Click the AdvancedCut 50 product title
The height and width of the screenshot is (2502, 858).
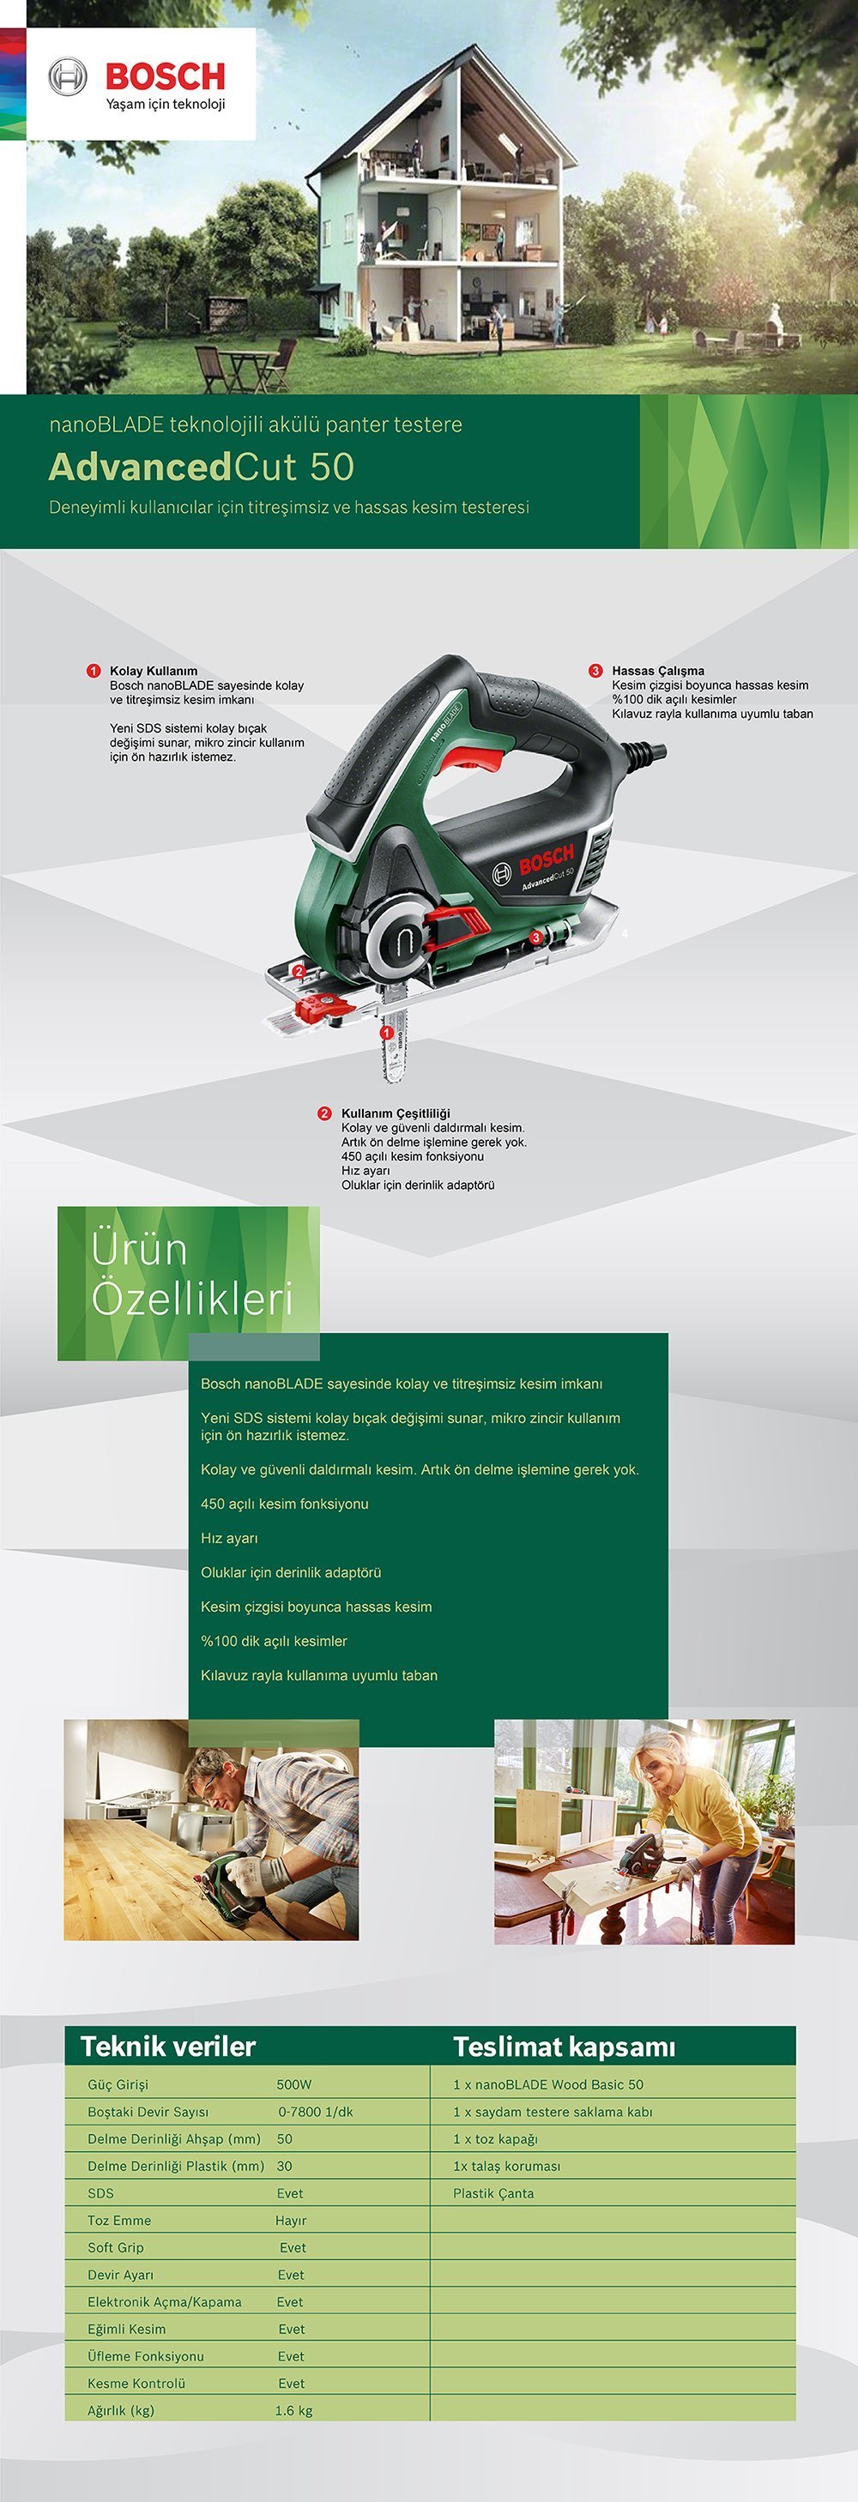point(201,467)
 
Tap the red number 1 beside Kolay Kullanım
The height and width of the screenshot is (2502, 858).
point(94,671)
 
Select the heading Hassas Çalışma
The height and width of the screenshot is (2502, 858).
point(658,670)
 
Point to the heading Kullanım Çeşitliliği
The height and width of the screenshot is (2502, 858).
point(396,1113)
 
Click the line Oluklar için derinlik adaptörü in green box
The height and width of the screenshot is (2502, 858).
point(291,1572)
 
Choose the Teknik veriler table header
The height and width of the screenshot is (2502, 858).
point(168,2047)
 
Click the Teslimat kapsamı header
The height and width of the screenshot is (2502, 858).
point(564,2047)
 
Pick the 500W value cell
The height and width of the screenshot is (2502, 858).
point(293,2084)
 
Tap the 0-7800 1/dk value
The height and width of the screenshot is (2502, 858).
point(315,2112)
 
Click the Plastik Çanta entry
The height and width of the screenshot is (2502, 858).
point(493,2193)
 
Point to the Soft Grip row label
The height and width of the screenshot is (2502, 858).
point(116,2247)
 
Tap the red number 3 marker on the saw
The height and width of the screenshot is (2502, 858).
point(535,937)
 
